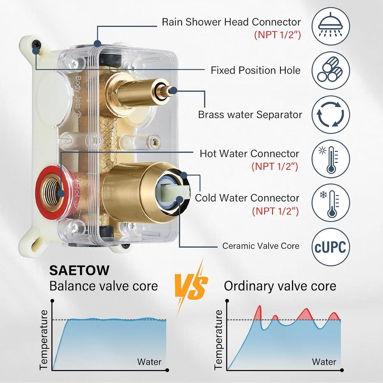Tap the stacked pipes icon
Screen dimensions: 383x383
point(331,70)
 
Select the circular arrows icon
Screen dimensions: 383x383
point(331,114)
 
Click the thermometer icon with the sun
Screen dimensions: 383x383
point(331,159)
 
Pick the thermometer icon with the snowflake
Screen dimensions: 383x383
point(331,203)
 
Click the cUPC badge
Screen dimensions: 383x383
point(331,247)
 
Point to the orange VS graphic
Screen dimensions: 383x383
point(191,286)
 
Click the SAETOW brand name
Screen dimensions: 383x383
point(79,270)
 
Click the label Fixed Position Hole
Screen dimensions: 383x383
point(255,70)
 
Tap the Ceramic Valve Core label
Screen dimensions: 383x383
point(261,246)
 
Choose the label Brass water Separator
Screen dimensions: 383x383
point(250,114)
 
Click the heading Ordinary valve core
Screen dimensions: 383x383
point(280,286)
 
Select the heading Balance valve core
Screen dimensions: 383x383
point(104,286)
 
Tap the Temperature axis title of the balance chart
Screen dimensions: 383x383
point(44,340)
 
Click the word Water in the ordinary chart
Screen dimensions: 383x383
point(324,362)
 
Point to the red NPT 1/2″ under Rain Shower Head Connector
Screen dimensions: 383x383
point(277,35)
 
